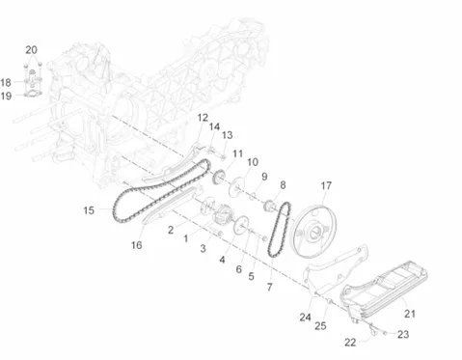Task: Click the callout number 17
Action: pyautogui.click(x=326, y=185)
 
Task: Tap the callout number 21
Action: pyautogui.click(x=410, y=314)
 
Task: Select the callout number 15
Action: pyautogui.click(x=89, y=210)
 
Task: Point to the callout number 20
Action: pyautogui.click(x=31, y=50)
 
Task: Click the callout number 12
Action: pyautogui.click(x=203, y=118)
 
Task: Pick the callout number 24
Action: pyautogui.click(x=305, y=318)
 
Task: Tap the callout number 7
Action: pyautogui.click(x=269, y=287)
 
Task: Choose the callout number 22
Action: pyautogui.click(x=350, y=342)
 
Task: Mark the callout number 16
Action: pyautogui.click(x=136, y=245)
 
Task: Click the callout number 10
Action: pyautogui.click(x=253, y=162)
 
